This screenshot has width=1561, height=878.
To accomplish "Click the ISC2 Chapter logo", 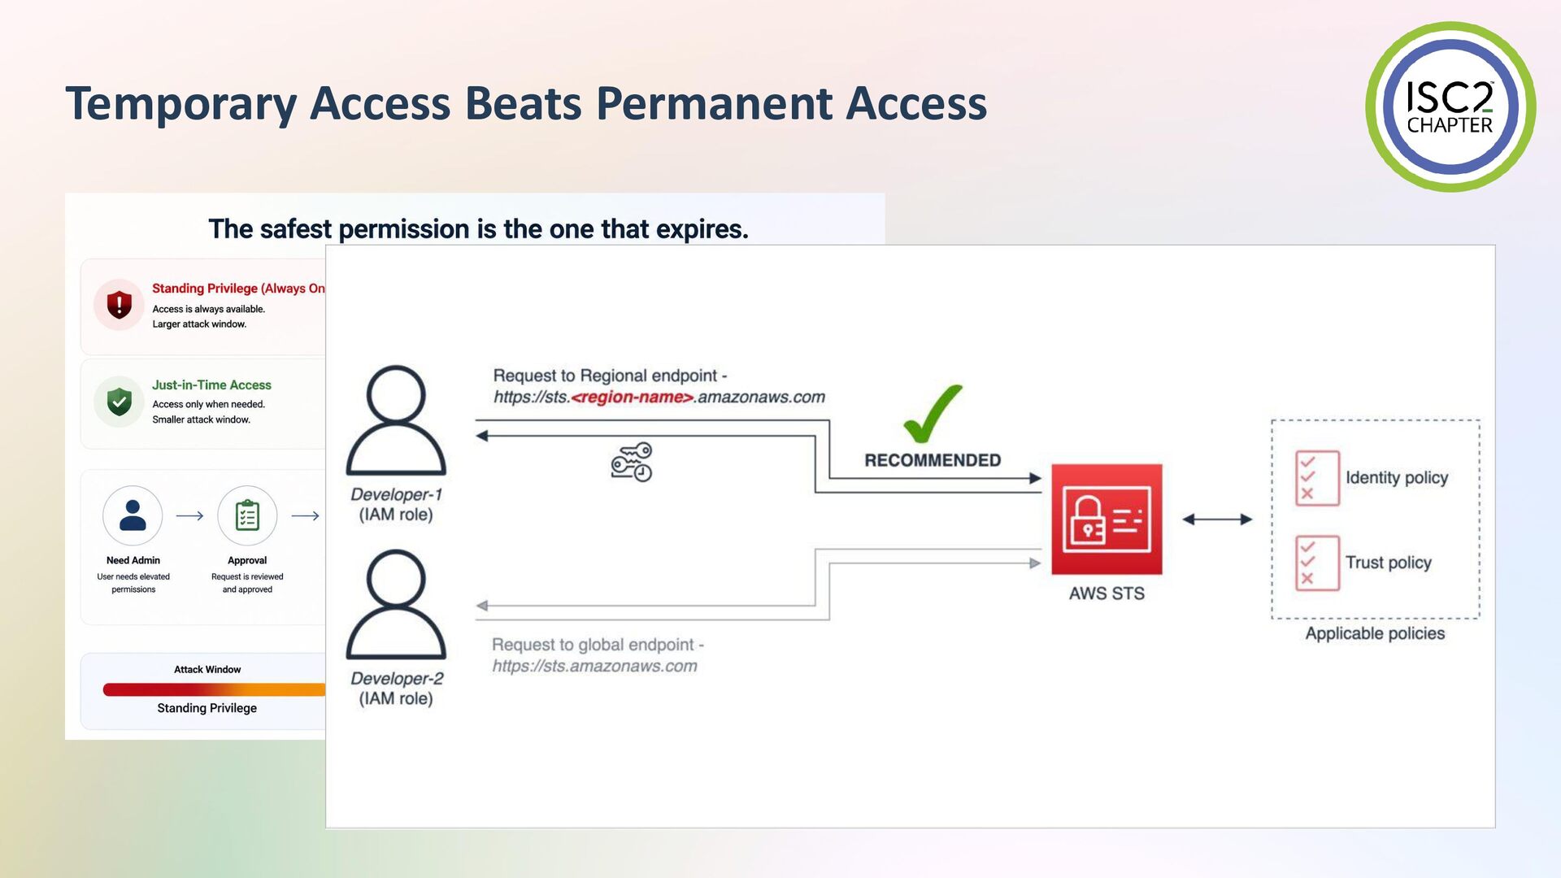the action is (x=1450, y=106).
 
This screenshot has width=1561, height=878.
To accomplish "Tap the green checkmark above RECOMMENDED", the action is (x=933, y=414).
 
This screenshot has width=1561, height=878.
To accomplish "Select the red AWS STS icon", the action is (x=1107, y=519).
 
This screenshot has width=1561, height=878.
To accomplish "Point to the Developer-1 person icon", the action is (x=396, y=420).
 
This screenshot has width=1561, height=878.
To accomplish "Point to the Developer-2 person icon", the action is (x=396, y=605).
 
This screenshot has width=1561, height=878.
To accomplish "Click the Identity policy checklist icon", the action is (x=1317, y=478).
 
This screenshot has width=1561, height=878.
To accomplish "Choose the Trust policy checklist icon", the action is (x=1317, y=563).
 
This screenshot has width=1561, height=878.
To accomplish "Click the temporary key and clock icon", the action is (x=632, y=462).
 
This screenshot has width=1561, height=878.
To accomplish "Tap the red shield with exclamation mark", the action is (x=120, y=305).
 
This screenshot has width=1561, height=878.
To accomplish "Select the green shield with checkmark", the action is (x=120, y=401).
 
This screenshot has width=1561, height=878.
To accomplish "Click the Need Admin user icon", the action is (x=133, y=515).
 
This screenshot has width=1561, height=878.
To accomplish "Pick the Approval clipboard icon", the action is (x=247, y=515).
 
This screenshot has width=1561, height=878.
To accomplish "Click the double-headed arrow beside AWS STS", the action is (x=1217, y=519).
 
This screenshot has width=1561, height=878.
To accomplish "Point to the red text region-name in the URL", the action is (x=633, y=398).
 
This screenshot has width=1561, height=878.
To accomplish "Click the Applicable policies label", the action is (x=1375, y=633).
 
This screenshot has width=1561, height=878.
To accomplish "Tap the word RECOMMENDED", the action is (x=933, y=460).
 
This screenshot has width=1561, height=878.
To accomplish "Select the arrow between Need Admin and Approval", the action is (x=189, y=515).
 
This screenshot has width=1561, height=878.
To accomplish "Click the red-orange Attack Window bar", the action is (x=214, y=689).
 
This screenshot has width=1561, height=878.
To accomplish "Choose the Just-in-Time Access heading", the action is (x=211, y=385).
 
